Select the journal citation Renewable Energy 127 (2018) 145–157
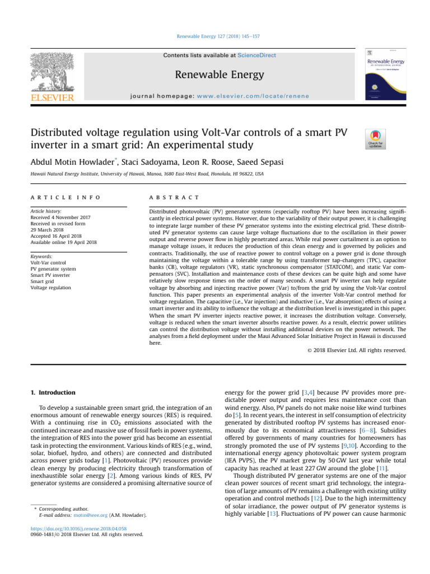(x=215, y=36)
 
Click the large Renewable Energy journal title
(x=214, y=75)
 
